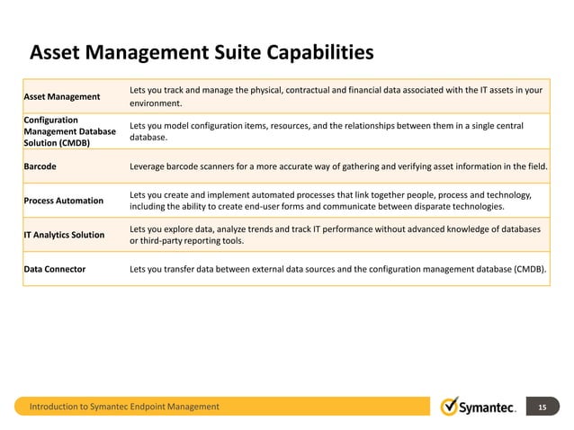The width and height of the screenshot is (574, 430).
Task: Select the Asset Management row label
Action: coord(61,96)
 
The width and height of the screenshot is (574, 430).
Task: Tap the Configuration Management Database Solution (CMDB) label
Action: coord(67,130)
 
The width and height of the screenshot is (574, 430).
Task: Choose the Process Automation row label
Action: coord(63,200)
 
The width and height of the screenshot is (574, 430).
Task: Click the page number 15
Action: coord(542,408)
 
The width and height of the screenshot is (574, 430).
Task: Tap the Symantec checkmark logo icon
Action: coord(451,407)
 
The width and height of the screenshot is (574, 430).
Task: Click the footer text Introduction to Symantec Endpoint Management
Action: coord(124,408)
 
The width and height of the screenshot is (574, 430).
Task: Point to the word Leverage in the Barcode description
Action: coord(150,166)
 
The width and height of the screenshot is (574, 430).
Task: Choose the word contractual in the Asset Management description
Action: coord(323,90)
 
